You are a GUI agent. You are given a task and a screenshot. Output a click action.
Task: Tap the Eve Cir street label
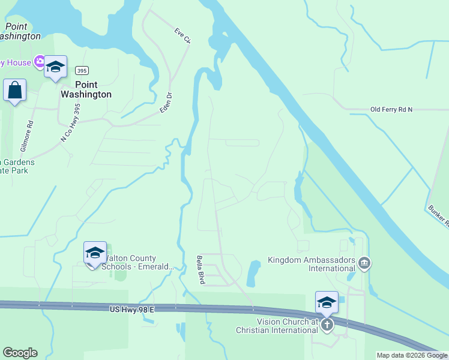click(182, 35)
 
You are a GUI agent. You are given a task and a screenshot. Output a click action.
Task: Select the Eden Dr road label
click(166, 103)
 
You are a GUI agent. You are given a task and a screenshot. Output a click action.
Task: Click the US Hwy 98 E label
click(132, 308)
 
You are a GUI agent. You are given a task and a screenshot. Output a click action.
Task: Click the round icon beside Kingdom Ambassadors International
click(364, 263)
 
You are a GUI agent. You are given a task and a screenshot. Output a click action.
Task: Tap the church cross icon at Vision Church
click(327, 325)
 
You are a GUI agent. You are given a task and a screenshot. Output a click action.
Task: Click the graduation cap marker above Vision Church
click(327, 302)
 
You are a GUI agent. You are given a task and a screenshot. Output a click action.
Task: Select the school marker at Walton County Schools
click(95, 253)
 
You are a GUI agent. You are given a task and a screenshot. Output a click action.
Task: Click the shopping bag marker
click(14, 91)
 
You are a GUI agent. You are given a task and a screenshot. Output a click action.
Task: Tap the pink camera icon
click(40, 61)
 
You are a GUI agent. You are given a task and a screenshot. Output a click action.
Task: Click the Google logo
click(20, 353)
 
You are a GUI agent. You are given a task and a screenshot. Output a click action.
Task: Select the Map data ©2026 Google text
click(412, 355)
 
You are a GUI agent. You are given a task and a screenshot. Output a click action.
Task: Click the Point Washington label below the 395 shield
click(86, 90)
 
